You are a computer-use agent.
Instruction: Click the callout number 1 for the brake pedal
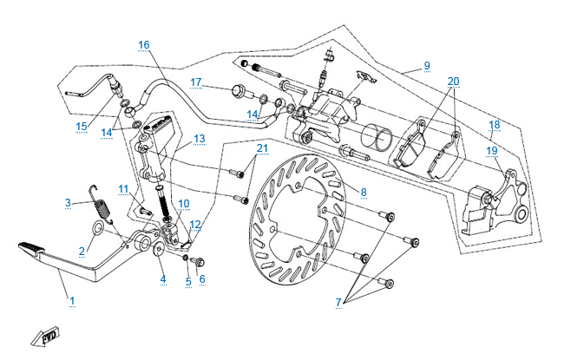pyautogui.click(x=72, y=301)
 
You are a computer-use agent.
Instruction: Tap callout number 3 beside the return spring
pyautogui.click(x=67, y=203)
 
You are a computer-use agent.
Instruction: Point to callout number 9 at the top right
pyautogui.click(x=427, y=65)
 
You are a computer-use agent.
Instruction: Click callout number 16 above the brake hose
pyautogui.click(x=143, y=44)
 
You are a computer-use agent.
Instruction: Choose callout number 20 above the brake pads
pyautogui.click(x=453, y=81)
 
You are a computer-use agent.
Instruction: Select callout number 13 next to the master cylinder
pyautogui.click(x=199, y=138)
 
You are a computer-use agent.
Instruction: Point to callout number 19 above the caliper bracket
pyautogui.click(x=491, y=150)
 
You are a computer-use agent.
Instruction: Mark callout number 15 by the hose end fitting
pyautogui.click(x=82, y=126)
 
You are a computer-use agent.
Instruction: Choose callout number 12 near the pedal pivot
pyautogui.click(x=194, y=225)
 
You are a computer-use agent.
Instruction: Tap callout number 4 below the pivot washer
pyautogui.click(x=162, y=278)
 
